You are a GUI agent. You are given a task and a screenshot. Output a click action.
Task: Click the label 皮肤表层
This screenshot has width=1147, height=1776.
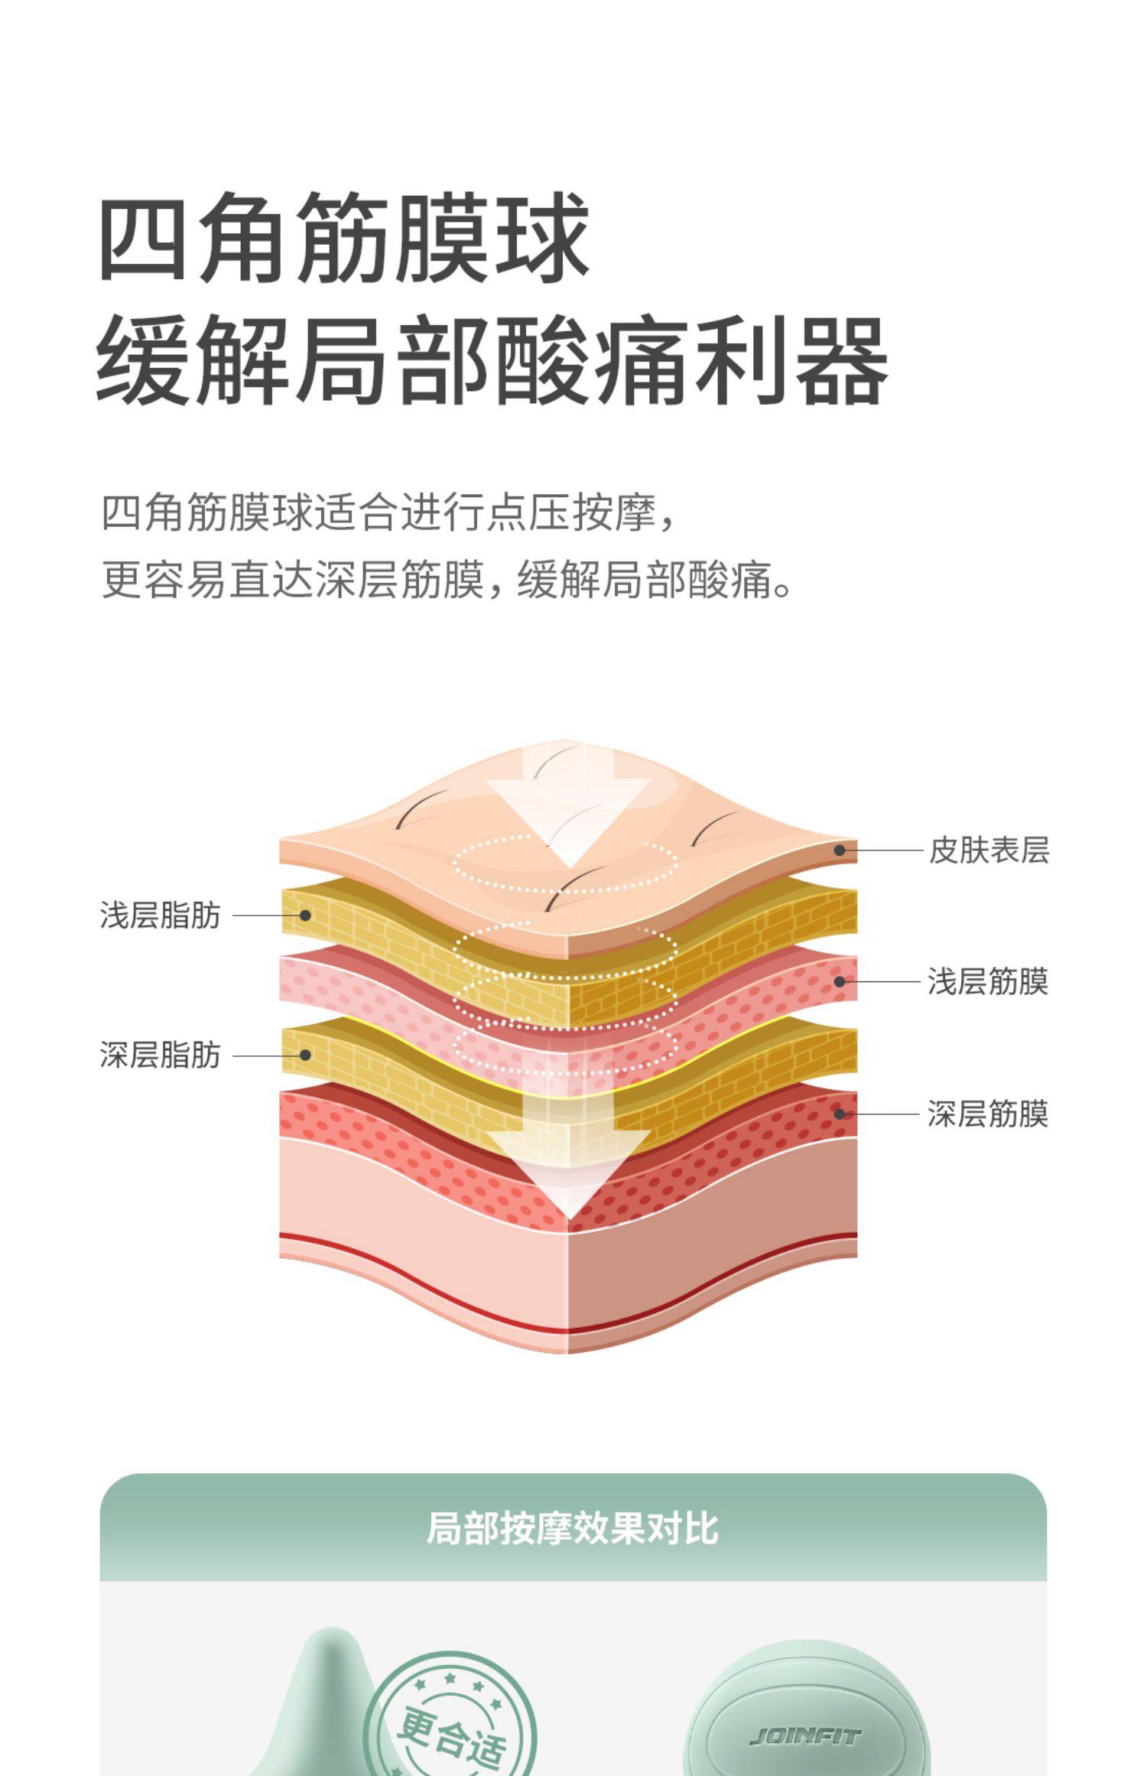click(989, 850)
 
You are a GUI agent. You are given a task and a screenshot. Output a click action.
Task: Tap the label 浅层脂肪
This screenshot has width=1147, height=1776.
click(160, 916)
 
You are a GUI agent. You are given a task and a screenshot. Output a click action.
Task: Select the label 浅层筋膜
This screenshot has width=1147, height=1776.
click(987, 981)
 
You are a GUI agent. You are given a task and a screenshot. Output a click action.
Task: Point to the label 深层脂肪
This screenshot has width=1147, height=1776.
click(160, 1055)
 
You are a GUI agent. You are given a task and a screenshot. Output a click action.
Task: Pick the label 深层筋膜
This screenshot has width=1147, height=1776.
click(987, 1114)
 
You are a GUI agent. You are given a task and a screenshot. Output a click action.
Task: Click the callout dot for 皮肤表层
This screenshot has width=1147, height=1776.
click(840, 850)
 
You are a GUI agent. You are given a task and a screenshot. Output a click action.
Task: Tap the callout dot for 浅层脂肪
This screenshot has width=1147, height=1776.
click(305, 915)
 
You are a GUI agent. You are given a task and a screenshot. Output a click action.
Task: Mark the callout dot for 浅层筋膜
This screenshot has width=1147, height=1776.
click(840, 981)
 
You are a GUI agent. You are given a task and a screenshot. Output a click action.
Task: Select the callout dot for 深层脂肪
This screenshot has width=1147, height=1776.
click(305, 1055)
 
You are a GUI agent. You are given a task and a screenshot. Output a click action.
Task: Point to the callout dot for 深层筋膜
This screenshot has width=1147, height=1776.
click(840, 1114)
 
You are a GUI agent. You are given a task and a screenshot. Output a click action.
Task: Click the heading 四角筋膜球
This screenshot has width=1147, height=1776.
click(344, 236)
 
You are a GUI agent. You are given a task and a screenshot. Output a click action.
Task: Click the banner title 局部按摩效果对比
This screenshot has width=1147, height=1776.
click(573, 1527)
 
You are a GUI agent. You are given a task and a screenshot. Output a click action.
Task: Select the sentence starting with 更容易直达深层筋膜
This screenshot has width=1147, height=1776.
click(447, 581)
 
